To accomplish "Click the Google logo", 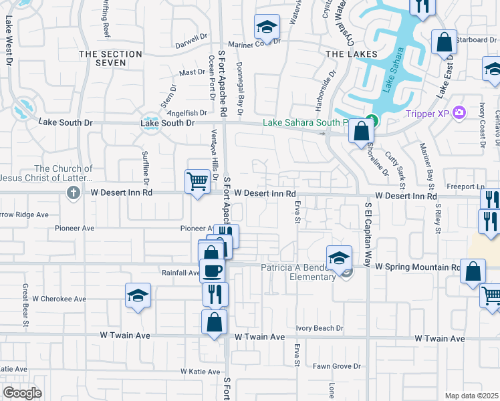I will [x=23, y=393].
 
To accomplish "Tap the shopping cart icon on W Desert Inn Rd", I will [x=197, y=181].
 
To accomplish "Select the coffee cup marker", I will [x=213, y=271].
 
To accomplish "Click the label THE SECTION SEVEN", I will [x=111, y=58].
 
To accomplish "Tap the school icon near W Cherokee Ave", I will [x=138, y=295].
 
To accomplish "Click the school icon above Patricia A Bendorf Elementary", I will [x=339, y=257].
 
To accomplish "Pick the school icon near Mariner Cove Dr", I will [x=267, y=27].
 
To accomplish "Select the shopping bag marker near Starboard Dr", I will [x=444, y=42].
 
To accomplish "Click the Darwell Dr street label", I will [x=191, y=41].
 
